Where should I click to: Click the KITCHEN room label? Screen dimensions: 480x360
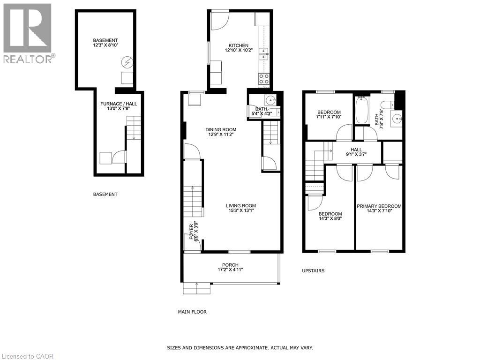[x=239, y=45]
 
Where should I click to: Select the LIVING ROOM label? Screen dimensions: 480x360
[x=241, y=205]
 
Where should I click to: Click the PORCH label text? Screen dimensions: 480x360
[x=231, y=264]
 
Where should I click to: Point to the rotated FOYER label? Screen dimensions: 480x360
[x=190, y=232]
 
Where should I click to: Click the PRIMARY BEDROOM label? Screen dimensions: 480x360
[x=379, y=206]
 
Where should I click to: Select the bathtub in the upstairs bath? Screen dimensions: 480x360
[x=361, y=111]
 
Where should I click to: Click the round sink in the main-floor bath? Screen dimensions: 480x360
[x=270, y=100]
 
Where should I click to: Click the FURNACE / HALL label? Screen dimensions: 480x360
[x=115, y=104]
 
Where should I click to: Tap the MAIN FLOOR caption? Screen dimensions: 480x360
[x=192, y=312]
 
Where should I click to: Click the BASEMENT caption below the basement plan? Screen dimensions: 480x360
[x=105, y=194]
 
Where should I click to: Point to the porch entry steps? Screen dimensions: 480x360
[x=196, y=288]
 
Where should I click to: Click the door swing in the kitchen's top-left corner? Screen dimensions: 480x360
[x=218, y=19]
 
